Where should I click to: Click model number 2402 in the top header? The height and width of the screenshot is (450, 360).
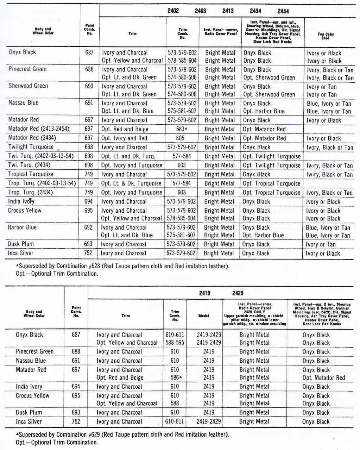pos(173,11)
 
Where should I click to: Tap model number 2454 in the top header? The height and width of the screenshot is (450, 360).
pos(283,11)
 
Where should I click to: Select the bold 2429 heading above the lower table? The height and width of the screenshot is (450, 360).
pos(238,293)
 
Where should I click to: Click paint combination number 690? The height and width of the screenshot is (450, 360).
pos(89,86)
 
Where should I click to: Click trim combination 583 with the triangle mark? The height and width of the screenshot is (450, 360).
pos(181,129)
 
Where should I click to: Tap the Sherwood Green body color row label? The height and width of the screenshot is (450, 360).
pos(28,86)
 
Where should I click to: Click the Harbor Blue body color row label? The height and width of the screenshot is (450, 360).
pos(22,227)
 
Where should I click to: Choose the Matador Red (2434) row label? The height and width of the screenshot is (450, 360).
pos(32,138)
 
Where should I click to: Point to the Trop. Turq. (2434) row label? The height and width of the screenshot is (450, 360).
pos(29,192)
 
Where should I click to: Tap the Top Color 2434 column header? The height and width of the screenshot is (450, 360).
pos(326,36)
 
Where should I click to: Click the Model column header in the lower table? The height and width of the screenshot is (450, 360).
pos(204,316)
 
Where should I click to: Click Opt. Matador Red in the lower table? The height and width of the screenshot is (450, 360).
pos(323,378)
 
